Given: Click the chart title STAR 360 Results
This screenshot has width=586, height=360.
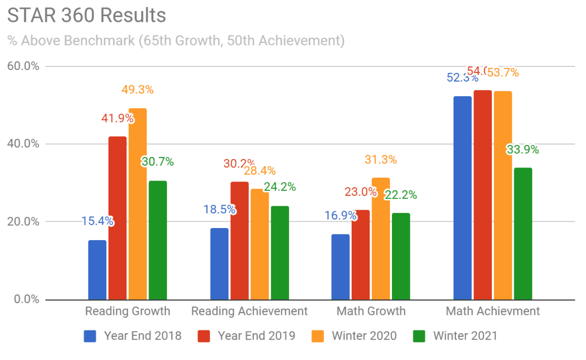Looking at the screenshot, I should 87,15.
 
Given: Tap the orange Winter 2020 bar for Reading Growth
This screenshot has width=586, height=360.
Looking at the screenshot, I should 138,204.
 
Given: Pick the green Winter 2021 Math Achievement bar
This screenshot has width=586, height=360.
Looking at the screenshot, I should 523,233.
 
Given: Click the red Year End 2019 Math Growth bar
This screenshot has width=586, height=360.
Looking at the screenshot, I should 360,254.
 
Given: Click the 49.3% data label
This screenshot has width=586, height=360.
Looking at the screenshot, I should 137,90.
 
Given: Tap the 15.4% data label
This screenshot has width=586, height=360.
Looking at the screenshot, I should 97,221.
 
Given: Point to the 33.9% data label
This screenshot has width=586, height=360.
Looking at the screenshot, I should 522,149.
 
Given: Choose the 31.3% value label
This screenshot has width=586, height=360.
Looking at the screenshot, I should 380,160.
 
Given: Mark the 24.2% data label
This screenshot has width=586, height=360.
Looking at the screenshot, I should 279,187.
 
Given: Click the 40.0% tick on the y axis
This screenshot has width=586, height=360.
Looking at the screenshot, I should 23,144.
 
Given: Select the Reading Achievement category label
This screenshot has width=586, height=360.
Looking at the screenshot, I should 249,311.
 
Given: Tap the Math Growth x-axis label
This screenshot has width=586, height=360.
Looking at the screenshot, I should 371,311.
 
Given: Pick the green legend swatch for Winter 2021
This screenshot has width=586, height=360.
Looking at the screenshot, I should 418,336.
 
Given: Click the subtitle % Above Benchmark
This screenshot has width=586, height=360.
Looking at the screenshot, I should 176,41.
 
